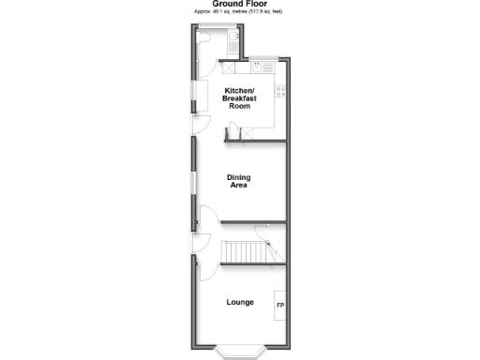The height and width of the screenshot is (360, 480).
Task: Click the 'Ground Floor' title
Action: point(239,4)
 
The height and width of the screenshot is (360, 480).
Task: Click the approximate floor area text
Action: point(239,11)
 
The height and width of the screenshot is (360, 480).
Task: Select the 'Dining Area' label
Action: point(239,181)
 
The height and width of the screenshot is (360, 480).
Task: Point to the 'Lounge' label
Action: point(240,302)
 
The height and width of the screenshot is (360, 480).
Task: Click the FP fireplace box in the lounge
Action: point(279,307)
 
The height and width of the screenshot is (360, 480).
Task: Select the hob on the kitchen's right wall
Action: point(279,91)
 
